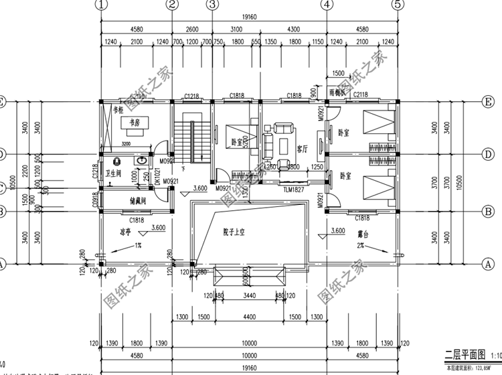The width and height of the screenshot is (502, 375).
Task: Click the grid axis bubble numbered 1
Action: coord(101,5)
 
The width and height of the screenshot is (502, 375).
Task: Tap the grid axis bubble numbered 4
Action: coord(327,5)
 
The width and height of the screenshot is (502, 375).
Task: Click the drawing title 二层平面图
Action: coord(459,355)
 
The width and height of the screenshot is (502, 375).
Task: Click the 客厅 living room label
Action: coord(303,148)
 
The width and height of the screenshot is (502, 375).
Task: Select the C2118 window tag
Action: coord(361,96)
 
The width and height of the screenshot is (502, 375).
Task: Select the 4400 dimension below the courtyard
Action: coord(249,317)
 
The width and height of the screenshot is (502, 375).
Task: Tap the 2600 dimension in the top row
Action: coord(191,29)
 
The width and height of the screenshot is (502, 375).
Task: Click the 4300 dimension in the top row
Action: coord(293,29)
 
